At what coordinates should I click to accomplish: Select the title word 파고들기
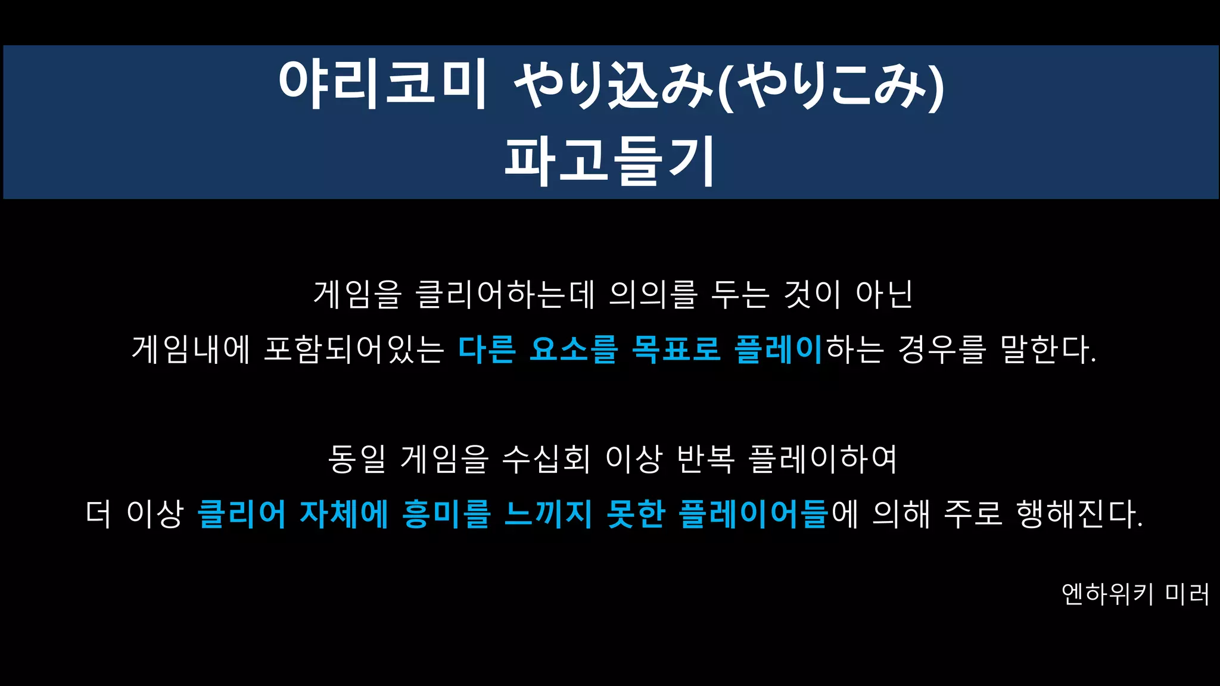click(609, 161)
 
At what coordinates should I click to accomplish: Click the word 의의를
click(652, 294)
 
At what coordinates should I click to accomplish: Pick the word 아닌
click(884, 294)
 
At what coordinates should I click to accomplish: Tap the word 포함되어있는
click(354, 349)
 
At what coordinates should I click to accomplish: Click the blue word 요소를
click(574, 349)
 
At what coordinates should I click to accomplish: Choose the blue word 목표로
click(676, 349)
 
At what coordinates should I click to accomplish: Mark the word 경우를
click(942, 349)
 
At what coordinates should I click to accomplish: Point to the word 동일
click(357, 459)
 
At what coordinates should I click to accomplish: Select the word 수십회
click(546, 459)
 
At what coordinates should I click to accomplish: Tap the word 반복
click(706, 459)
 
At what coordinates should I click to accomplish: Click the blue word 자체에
click(344, 514)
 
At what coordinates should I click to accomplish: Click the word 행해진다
click(1079, 514)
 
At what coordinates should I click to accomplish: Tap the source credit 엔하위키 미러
click(1135, 594)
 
